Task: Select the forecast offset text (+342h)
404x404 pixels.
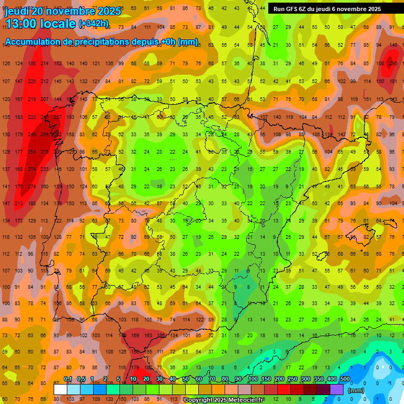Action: tap(94, 24)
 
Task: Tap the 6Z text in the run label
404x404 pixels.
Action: tap(306, 9)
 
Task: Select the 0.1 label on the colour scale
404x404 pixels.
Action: tap(68, 379)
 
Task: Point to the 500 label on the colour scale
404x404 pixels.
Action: tap(345, 379)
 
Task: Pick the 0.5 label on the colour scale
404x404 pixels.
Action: tap(81, 379)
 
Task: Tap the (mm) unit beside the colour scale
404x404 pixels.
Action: tap(356, 390)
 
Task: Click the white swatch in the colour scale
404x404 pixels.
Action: tap(60, 389)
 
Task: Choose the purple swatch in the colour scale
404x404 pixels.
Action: tap(337, 389)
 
